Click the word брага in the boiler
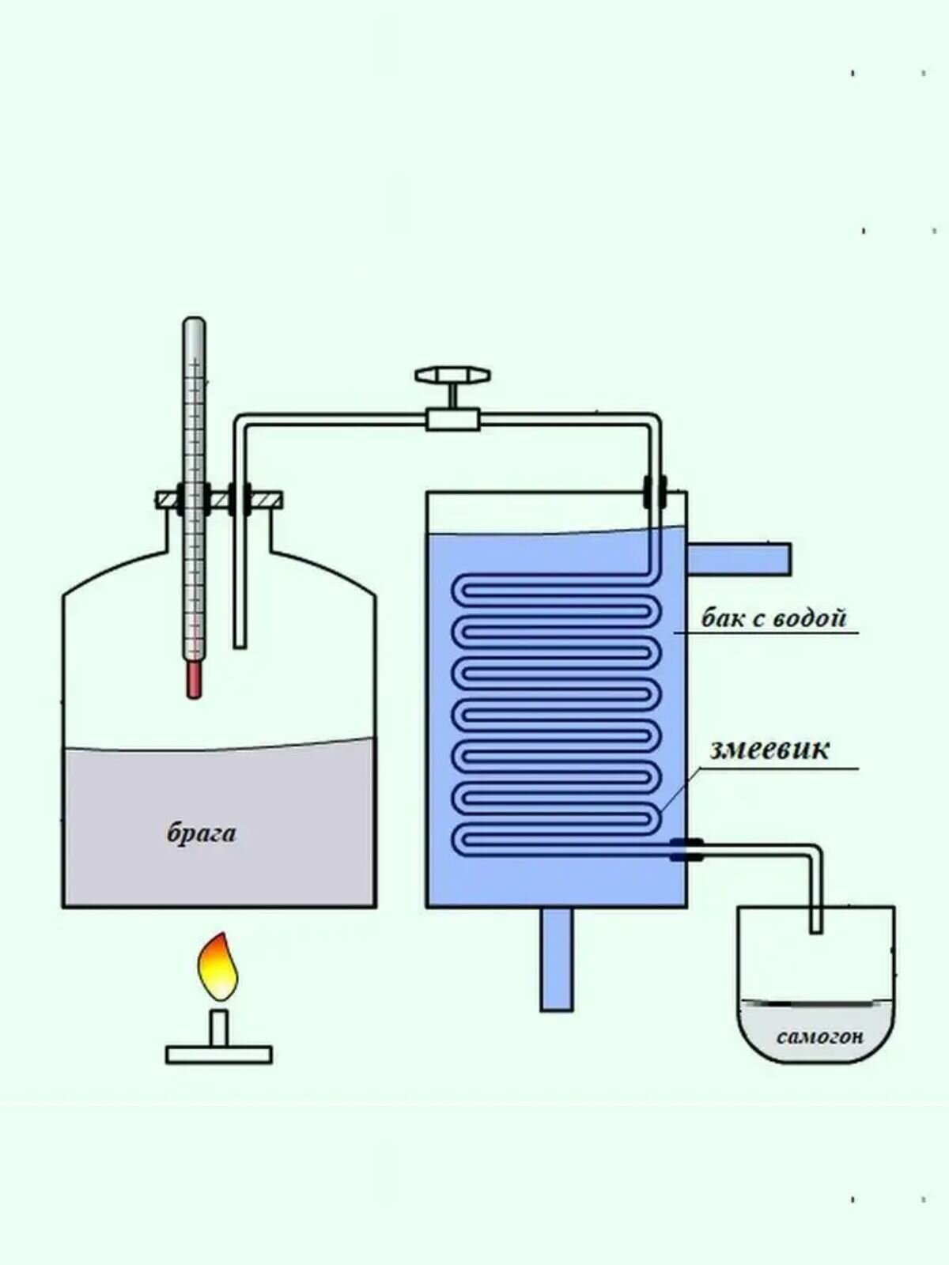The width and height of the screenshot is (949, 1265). pyautogui.click(x=201, y=833)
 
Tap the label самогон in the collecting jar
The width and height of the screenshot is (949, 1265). pyautogui.click(x=819, y=1036)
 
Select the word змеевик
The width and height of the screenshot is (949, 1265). pyautogui.click(x=769, y=749)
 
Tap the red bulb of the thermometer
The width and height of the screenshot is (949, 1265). pyautogui.click(x=194, y=680)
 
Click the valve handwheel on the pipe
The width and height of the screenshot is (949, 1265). pyautogui.click(x=452, y=374)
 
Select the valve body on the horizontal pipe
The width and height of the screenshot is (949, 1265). pyautogui.click(x=452, y=418)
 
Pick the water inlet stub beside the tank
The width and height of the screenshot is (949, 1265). pyautogui.click(x=739, y=558)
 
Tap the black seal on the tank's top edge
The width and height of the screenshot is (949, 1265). pyautogui.click(x=655, y=491)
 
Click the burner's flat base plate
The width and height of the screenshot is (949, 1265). pyautogui.click(x=219, y=1054)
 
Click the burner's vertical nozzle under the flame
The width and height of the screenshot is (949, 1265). pyautogui.click(x=219, y=1027)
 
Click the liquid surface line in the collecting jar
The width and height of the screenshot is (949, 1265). pyautogui.click(x=816, y=1003)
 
